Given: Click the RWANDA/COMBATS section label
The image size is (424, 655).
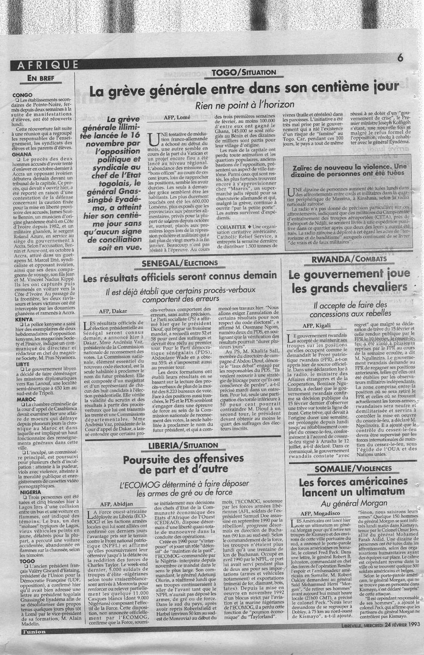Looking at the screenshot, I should pyautogui.click(x=349, y=259).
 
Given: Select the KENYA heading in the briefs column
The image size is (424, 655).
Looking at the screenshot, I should pyautogui.click(x=24, y=319).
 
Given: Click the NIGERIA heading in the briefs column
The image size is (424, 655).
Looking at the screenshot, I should pyautogui.click(x=26, y=492).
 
